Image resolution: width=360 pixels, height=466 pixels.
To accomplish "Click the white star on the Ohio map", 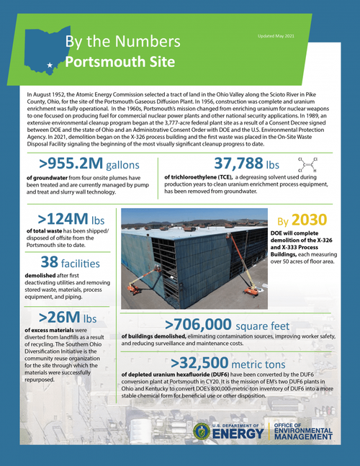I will pyautogui.click(x=49, y=65).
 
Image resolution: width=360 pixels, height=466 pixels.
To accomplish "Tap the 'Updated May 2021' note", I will pyautogui.click(x=276, y=35).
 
